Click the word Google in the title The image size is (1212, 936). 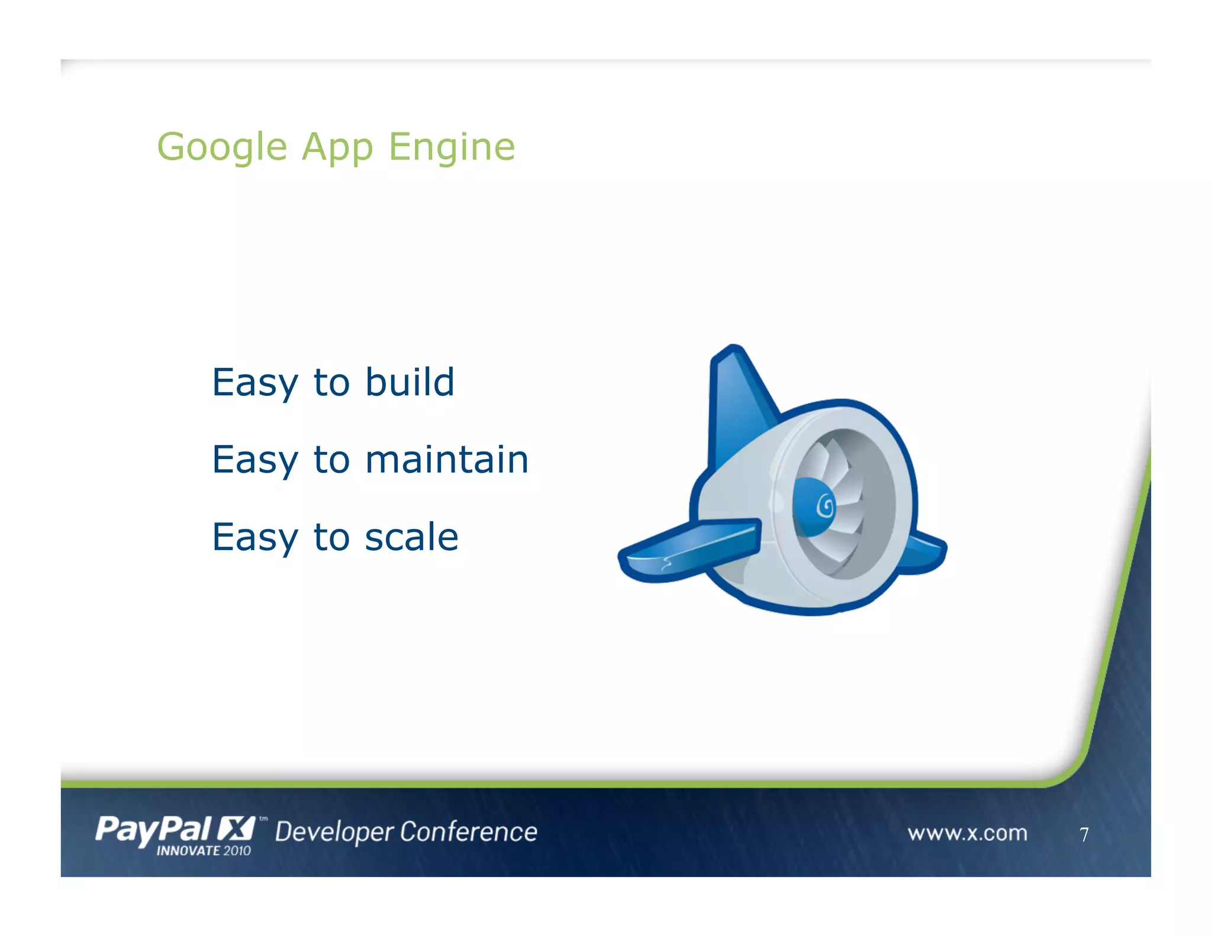223,147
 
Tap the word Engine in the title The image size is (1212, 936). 452,147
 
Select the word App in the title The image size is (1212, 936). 337,147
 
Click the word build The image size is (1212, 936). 410,382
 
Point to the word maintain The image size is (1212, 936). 447,460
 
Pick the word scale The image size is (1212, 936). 411,537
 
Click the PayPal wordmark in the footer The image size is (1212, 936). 153,830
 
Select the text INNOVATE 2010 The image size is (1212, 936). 204,851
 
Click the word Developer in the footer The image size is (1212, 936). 334,832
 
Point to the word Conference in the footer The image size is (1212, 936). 469,832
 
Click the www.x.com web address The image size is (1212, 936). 967,833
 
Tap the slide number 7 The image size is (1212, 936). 1084,834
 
